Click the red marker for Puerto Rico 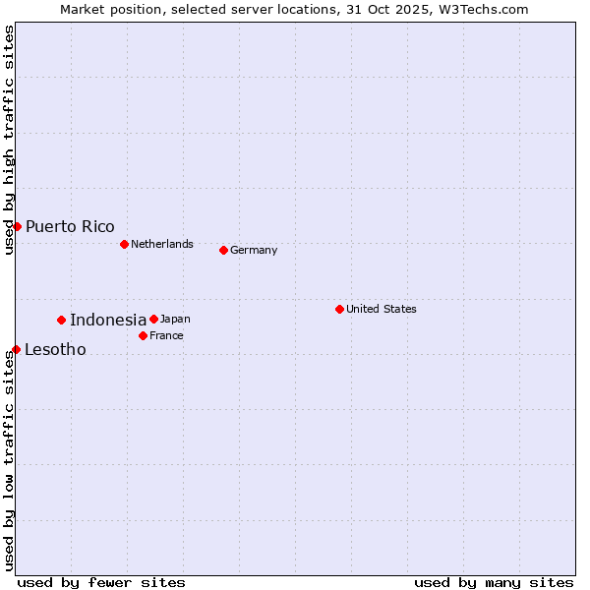tap(17, 226)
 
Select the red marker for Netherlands tap(124, 244)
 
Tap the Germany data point tap(223, 250)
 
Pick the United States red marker tap(339, 309)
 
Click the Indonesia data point tap(61, 320)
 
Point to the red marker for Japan tap(153, 319)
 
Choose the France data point tap(143, 335)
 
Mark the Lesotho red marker tap(16, 349)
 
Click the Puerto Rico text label tap(70, 226)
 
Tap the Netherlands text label tap(162, 244)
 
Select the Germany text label tap(254, 250)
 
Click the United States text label tap(382, 309)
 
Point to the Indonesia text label tap(108, 320)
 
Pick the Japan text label tap(175, 319)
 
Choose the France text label tap(166, 335)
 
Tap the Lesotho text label tap(55, 349)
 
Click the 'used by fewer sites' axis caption tap(101, 582)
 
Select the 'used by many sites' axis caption tap(494, 582)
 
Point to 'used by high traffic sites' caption tap(9, 141)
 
